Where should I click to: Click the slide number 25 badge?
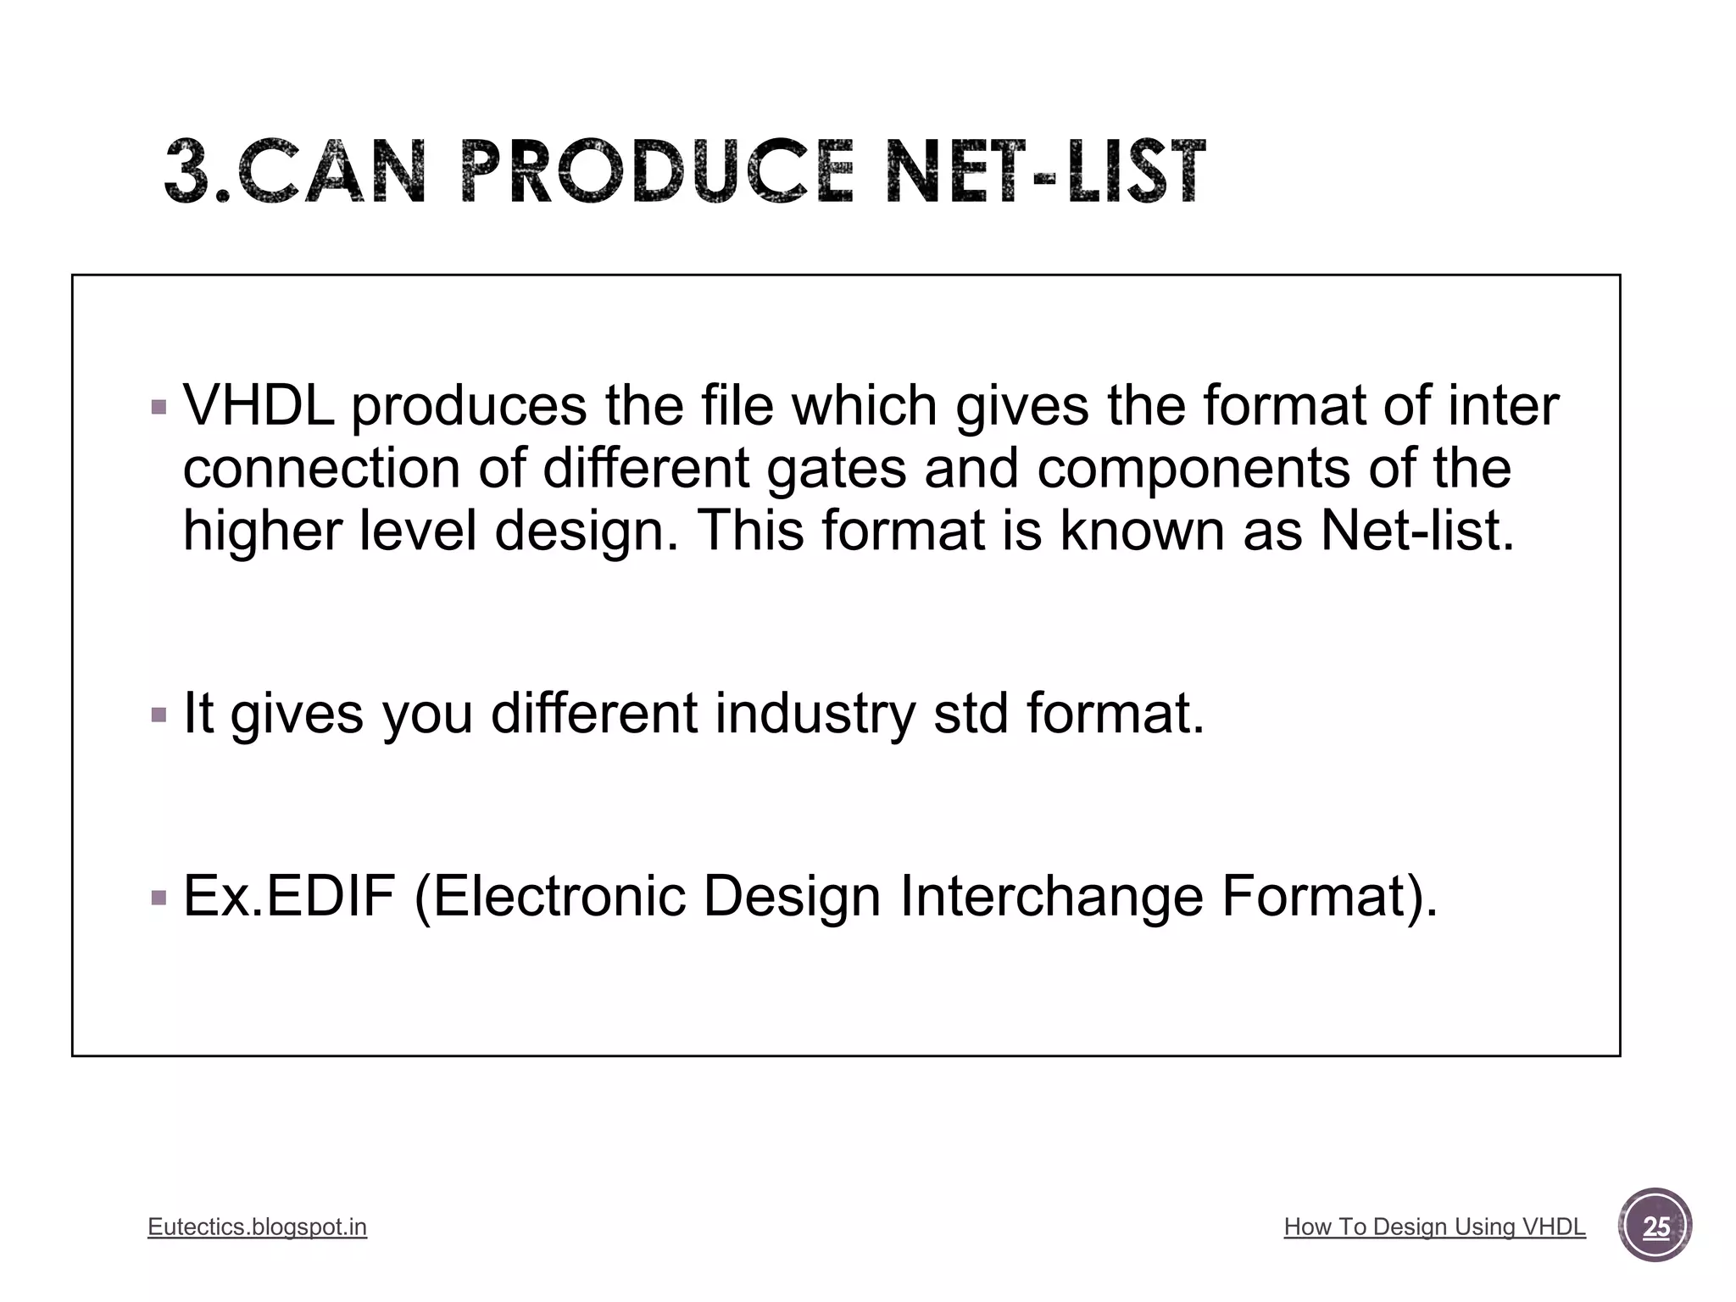[1655, 1226]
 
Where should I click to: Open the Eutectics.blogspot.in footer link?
[257, 1227]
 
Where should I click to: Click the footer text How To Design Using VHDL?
[1434, 1227]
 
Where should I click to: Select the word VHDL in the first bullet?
[258, 405]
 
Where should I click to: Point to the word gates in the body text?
[836, 469]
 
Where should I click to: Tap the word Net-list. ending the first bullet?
[1417, 531]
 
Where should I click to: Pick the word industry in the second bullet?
[815, 713]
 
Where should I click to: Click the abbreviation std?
[971, 713]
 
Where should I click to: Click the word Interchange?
[1051, 896]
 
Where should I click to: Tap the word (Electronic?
[549, 896]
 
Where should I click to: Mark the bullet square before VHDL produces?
[159, 408]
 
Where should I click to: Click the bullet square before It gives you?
[159, 715]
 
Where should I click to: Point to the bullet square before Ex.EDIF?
[159, 898]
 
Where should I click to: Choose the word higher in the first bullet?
[262, 531]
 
